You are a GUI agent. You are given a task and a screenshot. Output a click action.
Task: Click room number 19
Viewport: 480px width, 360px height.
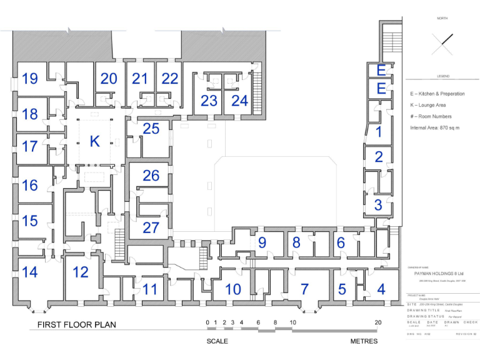pyautogui.click(x=30, y=79)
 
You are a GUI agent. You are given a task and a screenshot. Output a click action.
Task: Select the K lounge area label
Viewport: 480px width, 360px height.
pyautogui.click(x=94, y=141)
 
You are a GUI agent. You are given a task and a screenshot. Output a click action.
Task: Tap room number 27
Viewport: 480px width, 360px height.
pyautogui.click(x=151, y=227)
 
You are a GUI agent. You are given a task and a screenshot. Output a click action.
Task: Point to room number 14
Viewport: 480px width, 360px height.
pyautogui.click(x=29, y=272)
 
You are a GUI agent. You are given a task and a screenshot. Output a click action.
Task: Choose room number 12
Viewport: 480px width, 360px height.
pyautogui.click(x=81, y=272)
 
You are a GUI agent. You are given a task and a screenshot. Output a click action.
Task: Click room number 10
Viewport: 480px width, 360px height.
pyautogui.click(x=232, y=289)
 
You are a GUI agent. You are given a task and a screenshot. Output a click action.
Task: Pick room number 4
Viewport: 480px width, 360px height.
pyautogui.click(x=381, y=289)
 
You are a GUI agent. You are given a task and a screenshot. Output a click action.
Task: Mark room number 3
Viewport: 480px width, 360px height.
pyautogui.click(x=378, y=204)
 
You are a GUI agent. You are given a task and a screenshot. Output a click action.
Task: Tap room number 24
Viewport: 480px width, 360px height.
pyautogui.click(x=239, y=101)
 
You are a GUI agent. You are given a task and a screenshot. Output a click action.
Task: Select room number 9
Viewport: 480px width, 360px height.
pyautogui.click(x=262, y=242)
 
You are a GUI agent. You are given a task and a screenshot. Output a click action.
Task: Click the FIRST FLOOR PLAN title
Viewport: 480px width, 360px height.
pyautogui.click(x=76, y=325)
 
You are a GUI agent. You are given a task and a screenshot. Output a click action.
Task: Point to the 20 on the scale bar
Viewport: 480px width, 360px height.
pyautogui.click(x=377, y=322)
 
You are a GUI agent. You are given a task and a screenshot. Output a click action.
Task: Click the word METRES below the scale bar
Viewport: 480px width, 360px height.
pyautogui.click(x=364, y=341)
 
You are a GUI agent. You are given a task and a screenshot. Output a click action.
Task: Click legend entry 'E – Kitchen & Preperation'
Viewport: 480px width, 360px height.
pyautogui.click(x=437, y=94)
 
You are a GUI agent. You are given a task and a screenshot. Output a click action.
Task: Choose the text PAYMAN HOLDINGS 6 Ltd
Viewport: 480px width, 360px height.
pyautogui.click(x=438, y=272)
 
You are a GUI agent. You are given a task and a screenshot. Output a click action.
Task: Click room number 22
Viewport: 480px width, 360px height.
pyautogui.click(x=170, y=79)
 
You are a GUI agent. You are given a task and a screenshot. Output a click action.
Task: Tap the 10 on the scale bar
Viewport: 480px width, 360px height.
pyautogui.click(x=292, y=322)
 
